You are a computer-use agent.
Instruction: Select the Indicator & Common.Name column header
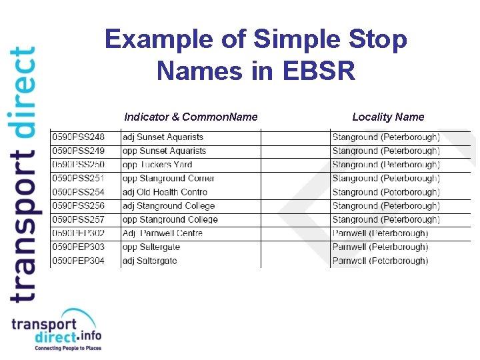(191, 117)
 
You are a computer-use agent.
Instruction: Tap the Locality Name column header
(388, 117)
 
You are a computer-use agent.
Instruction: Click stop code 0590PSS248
(79, 137)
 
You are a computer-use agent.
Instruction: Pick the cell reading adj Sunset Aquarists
(163, 137)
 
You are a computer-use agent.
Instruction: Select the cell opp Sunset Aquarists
(164, 151)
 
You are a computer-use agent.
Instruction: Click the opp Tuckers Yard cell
(157, 165)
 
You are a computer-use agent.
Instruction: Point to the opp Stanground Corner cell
(168, 179)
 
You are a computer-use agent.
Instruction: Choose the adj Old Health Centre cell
(165, 192)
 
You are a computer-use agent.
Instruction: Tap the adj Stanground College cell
(169, 206)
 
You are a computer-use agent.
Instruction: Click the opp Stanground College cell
(170, 219)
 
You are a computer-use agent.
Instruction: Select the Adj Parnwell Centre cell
(163, 233)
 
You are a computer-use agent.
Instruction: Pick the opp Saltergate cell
(151, 247)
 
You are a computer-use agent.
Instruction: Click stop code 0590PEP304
(79, 261)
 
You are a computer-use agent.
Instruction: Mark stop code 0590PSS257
(79, 219)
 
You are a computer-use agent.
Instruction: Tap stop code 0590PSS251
(79, 179)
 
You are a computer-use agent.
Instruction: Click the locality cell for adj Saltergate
(380, 261)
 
